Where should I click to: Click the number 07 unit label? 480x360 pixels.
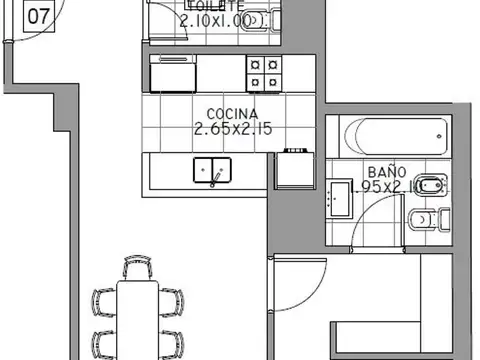37,16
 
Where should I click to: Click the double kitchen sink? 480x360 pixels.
213,171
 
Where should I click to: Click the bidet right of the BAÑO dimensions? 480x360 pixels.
433,186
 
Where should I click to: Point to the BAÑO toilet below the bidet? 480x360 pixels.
430,218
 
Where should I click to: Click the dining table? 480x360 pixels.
139,320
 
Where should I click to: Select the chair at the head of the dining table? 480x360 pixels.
138,269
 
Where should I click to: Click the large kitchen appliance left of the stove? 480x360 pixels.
175,73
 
